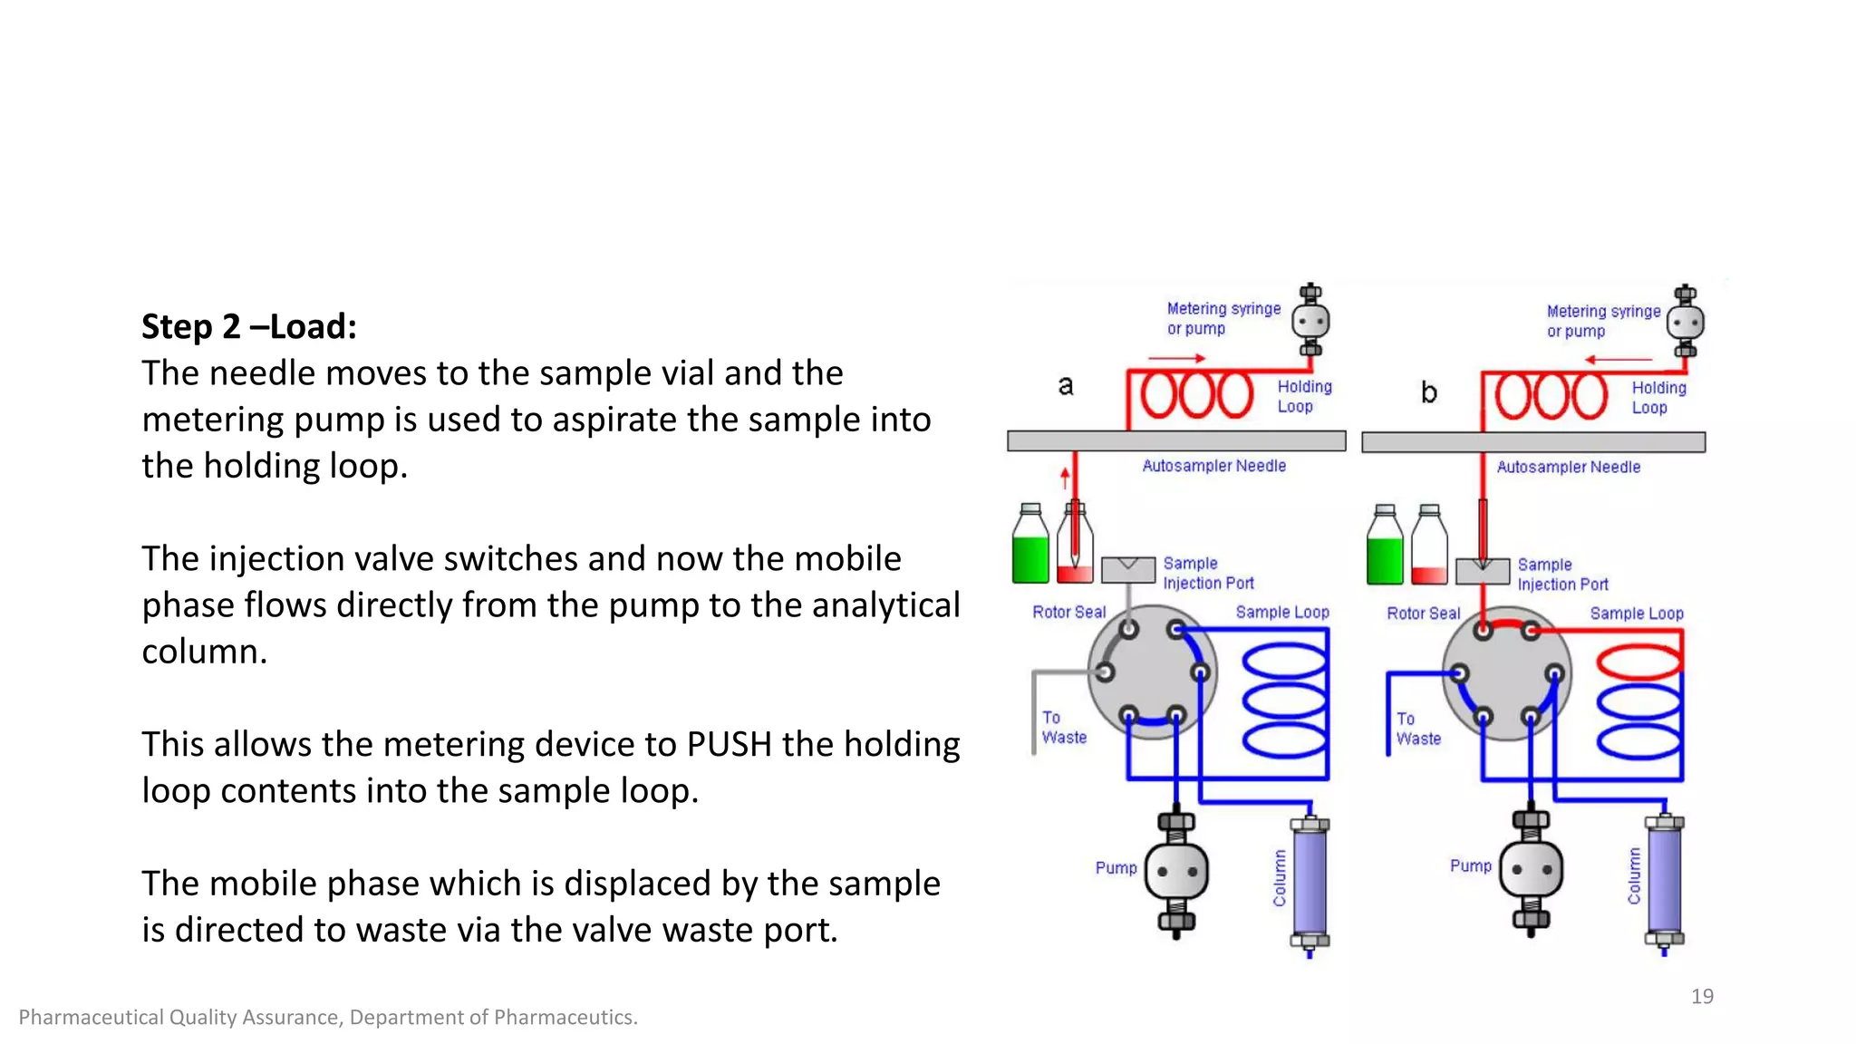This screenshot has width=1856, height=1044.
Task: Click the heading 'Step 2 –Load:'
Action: tap(249, 327)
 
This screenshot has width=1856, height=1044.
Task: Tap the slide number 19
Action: tap(1702, 996)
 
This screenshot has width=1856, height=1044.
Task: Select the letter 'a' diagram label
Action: tap(1066, 386)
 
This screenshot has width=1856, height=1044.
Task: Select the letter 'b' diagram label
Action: tap(1429, 392)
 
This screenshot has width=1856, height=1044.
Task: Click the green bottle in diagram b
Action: tap(1385, 551)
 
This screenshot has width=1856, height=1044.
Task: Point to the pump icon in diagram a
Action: tap(1176, 872)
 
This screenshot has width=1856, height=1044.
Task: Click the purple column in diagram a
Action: tap(1310, 882)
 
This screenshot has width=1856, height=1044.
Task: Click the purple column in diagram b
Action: tap(1664, 880)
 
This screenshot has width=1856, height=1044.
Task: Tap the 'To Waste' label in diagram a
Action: tap(1063, 728)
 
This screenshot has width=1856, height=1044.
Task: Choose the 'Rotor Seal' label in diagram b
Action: tap(1423, 614)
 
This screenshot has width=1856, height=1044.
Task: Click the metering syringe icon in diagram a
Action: tap(1310, 321)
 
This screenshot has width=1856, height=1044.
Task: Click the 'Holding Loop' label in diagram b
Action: tap(1658, 398)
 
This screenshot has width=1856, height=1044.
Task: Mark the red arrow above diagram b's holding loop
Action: tap(1619, 360)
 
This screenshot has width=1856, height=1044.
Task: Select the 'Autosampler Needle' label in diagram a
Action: tap(1213, 466)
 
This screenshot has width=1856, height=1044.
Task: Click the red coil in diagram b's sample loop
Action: tap(1638, 662)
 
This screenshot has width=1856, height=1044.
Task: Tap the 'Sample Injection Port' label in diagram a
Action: tap(1207, 574)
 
